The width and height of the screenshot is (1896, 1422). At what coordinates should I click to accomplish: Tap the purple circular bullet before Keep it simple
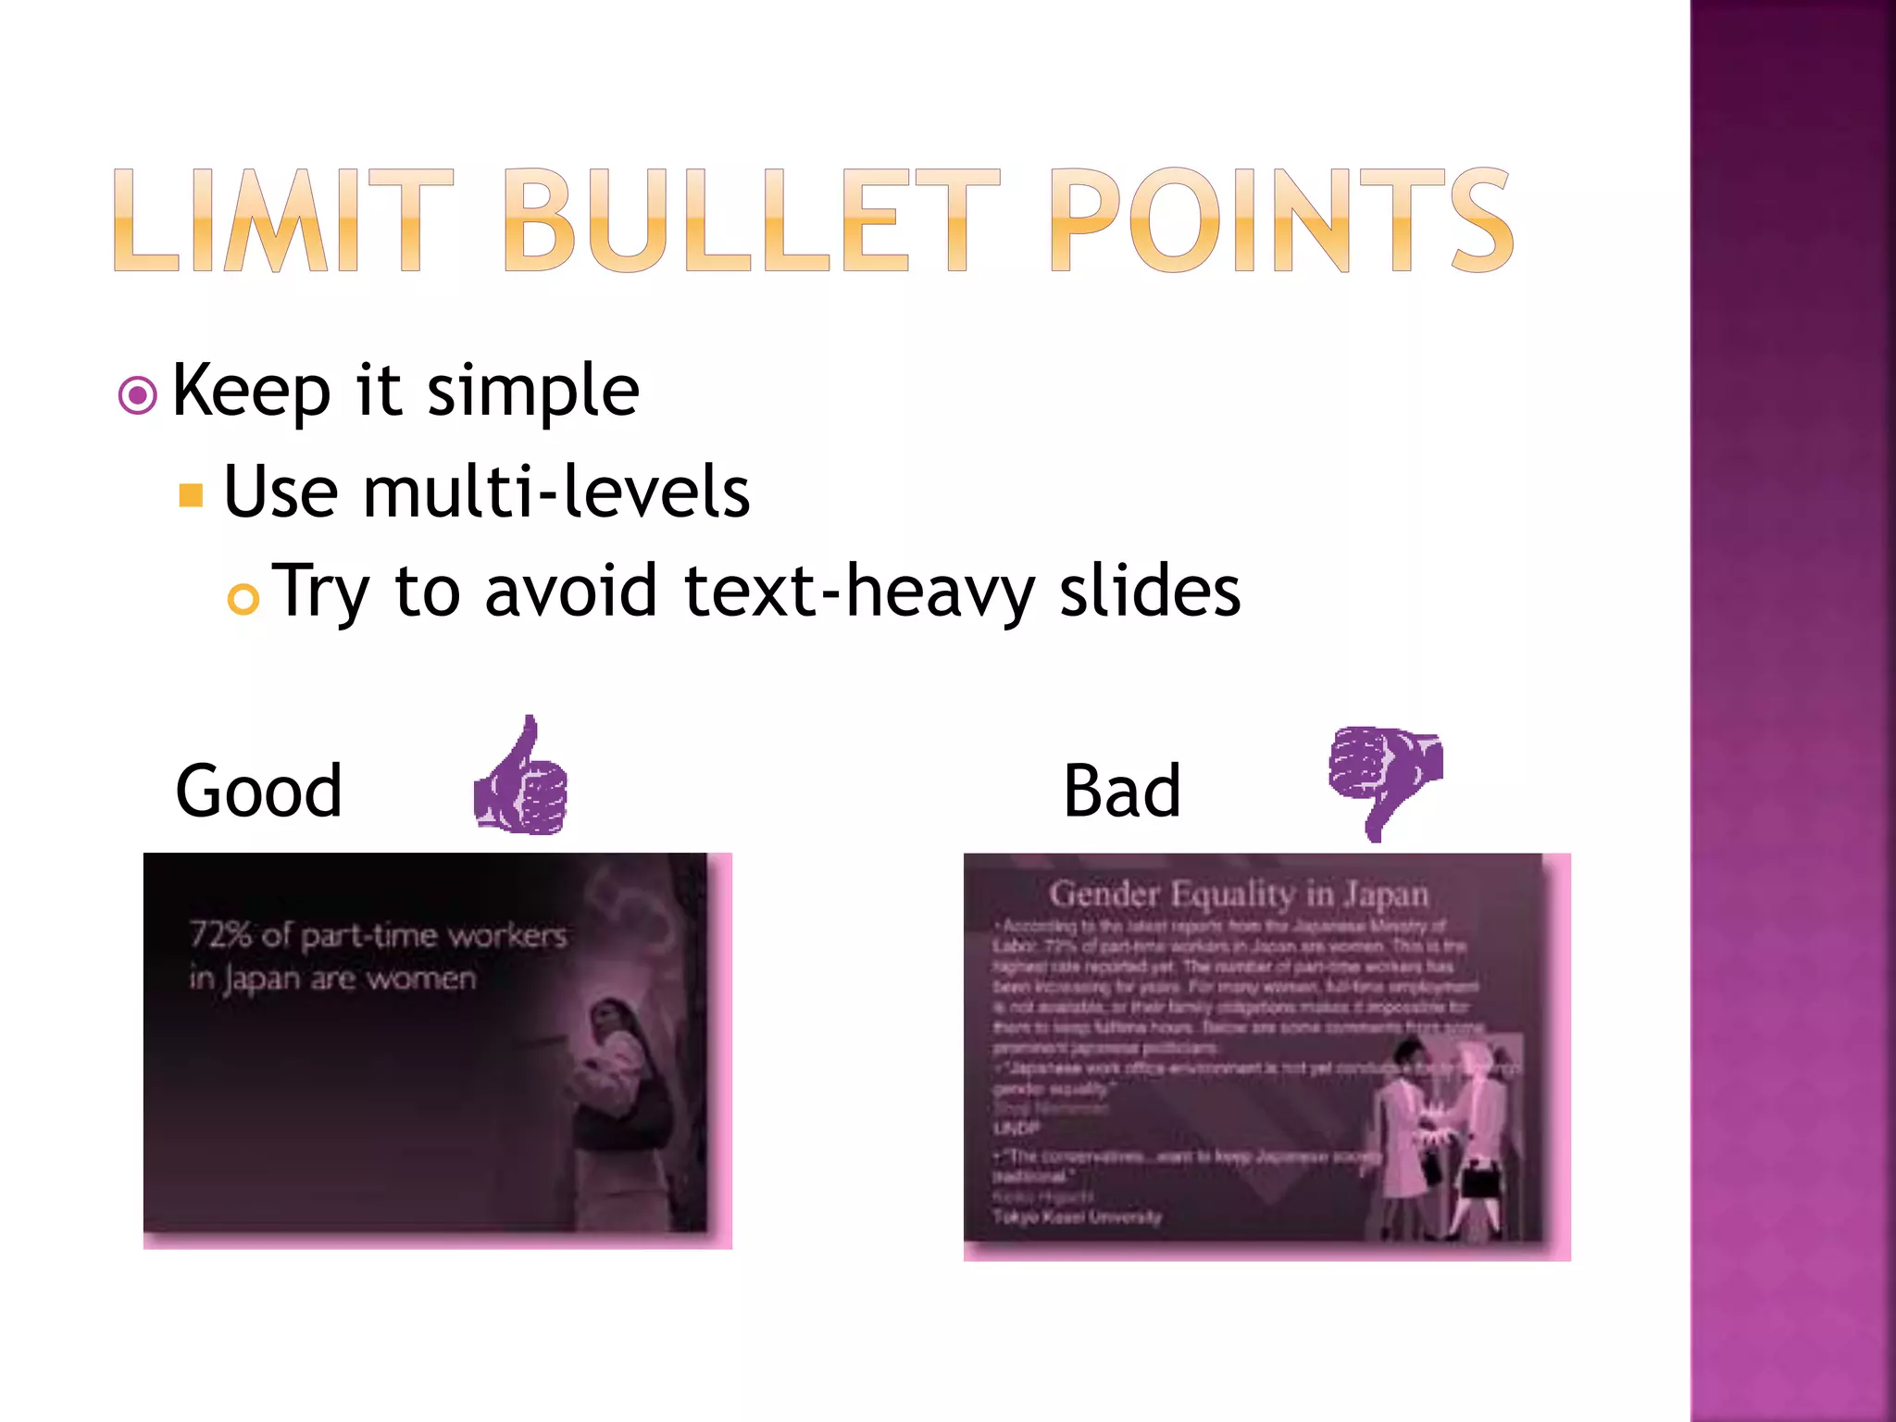[x=138, y=396]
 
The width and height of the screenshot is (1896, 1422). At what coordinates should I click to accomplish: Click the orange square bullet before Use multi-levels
[x=191, y=495]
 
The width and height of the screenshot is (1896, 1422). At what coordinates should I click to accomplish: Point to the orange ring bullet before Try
[x=243, y=600]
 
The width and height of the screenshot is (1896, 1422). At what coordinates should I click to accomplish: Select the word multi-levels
[x=555, y=492]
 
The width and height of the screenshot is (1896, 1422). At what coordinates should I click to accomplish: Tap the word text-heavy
[x=857, y=592]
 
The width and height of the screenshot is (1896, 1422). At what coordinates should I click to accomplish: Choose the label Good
[x=258, y=792]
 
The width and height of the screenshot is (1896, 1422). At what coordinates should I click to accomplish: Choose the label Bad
[x=1121, y=792]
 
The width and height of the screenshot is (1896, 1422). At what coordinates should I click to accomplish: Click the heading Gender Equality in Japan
[x=1238, y=894]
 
